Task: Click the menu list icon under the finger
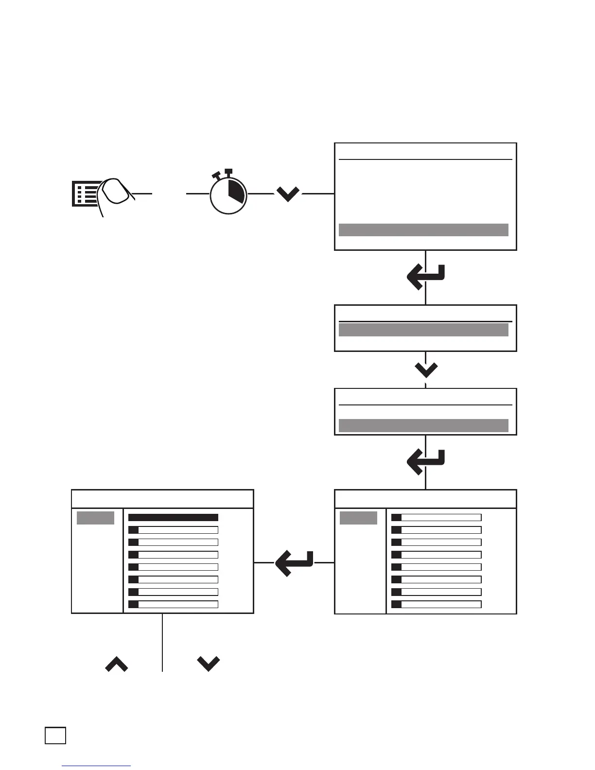pos(84,194)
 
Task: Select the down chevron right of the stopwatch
pos(288,194)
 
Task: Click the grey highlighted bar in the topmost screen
pos(423,230)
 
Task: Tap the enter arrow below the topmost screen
pos(425,277)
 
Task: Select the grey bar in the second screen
pos(423,330)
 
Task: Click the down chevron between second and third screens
pos(426,370)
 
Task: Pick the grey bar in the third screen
pos(423,425)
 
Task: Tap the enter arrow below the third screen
pos(425,462)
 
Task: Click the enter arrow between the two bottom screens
pos(294,563)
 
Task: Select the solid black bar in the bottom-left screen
pos(173,518)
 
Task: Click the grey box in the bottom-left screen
pos(95,518)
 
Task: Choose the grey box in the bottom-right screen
pos(358,518)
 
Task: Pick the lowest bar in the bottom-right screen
pos(436,604)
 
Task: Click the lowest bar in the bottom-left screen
pos(173,604)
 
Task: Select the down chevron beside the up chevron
pos(209,664)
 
